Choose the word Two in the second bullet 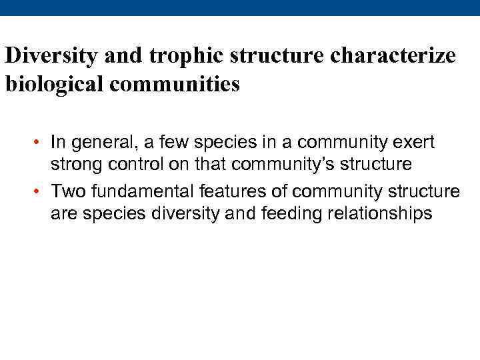[x=68, y=192]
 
